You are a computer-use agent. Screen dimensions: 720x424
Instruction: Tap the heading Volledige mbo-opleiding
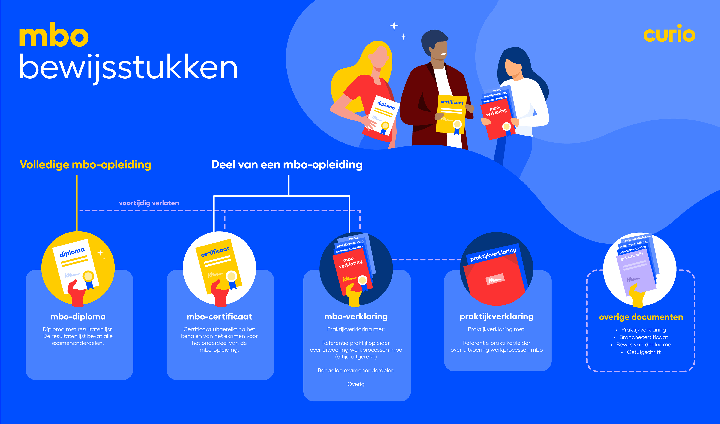click(x=85, y=165)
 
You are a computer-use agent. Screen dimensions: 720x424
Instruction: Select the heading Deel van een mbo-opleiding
click(x=287, y=165)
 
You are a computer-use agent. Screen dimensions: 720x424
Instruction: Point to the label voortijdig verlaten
click(x=149, y=203)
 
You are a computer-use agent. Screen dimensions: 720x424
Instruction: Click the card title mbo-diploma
click(x=78, y=317)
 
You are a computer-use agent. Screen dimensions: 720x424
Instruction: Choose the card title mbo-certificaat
click(x=219, y=317)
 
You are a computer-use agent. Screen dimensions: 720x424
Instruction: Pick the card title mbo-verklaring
click(x=356, y=316)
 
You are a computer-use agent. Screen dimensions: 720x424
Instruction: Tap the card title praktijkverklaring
click(x=496, y=316)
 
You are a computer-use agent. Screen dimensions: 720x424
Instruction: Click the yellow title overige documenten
click(x=641, y=317)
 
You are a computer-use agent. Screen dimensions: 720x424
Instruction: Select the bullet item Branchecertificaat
click(x=643, y=337)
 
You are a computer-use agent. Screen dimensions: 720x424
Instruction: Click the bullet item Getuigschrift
click(x=643, y=352)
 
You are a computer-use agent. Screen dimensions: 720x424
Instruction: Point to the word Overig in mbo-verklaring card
click(x=356, y=384)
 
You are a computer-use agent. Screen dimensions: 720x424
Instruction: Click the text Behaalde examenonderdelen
click(x=356, y=371)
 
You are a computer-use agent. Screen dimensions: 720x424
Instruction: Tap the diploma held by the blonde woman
click(x=383, y=114)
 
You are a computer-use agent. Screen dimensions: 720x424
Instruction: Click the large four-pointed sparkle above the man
click(x=394, y=26)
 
